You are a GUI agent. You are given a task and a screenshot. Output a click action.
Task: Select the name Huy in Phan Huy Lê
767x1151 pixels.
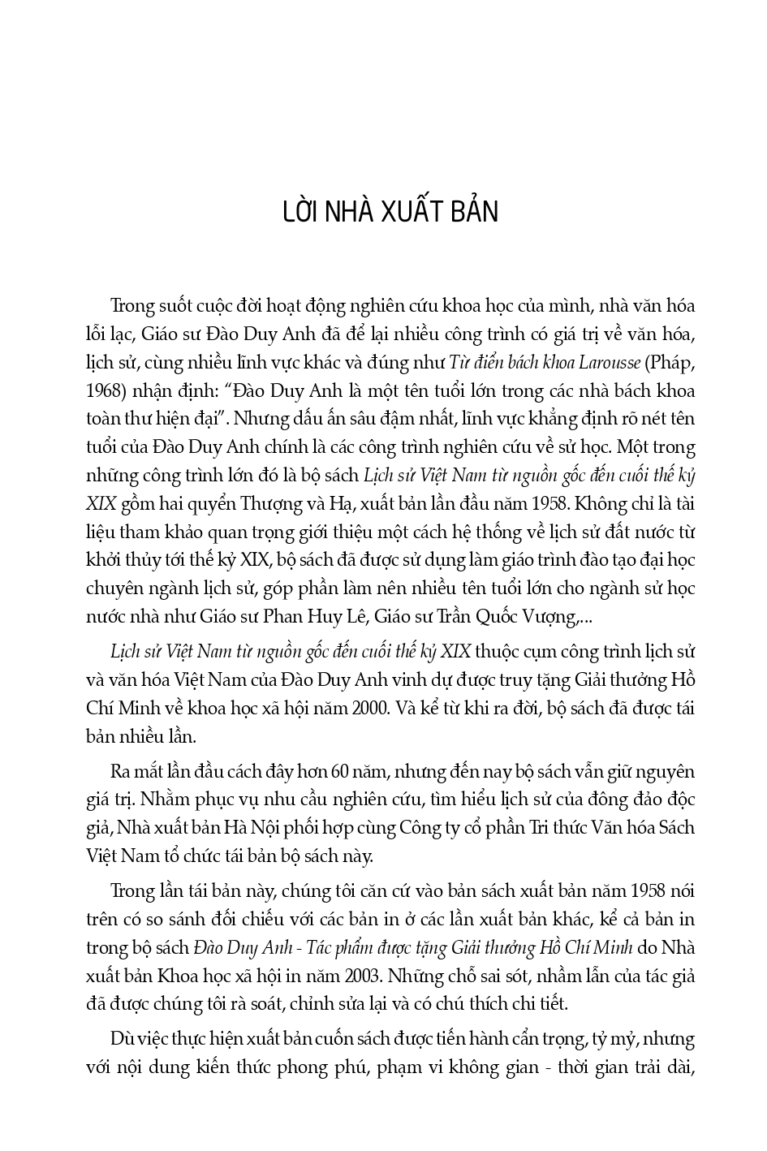[309, 617]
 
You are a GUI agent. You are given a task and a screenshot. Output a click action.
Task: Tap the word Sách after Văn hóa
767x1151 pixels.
[673, 829]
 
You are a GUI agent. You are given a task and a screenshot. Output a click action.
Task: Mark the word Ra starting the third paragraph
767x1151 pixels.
[120, 772]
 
